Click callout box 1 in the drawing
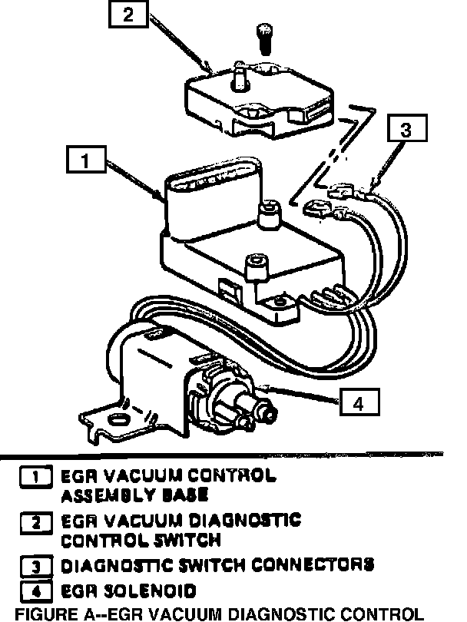(86, 160)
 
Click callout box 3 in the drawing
(406, 131)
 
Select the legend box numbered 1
(36, 476)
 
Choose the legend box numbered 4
(36, 591)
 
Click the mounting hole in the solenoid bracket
(120, 419)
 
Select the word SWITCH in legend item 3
(211, 566)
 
